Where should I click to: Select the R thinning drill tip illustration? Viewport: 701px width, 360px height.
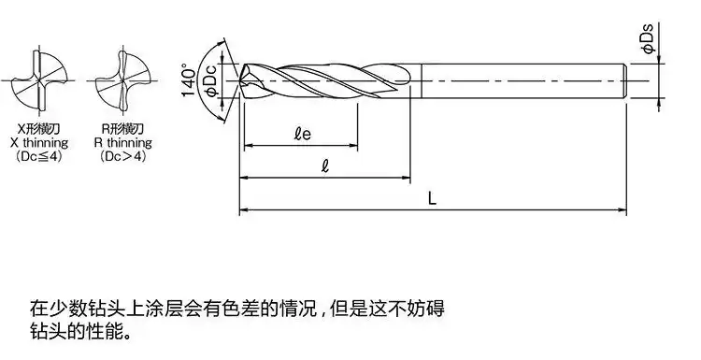tap(122, 80)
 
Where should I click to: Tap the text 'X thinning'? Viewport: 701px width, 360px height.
tap(38, 142)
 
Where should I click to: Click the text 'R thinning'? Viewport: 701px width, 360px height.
tap(122, 142)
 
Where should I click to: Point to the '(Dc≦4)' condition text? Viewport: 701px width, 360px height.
tap(37, 156)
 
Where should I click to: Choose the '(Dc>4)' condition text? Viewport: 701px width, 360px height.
tap(122, 156)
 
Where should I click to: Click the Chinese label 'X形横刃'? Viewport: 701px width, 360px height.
tap(37, 128)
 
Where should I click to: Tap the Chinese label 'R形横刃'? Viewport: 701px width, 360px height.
tap(122, 128)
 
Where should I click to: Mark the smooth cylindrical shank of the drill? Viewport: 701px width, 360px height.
tap(523, 81)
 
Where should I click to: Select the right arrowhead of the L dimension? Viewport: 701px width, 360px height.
tap(625, 209)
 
